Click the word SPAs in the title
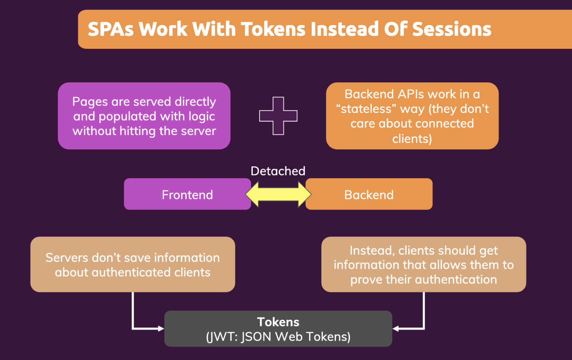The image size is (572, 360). pyautogui.click(x=111, y=29)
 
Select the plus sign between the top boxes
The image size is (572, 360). pyautogui.click(x=278, y=116)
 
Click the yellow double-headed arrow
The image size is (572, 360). pyautogui.click(x=278, y=194)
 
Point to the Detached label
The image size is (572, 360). pyautogui.click(x=278, y=171)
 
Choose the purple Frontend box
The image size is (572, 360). pyautogui.click(x=187, y=195)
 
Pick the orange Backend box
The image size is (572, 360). pyautogui.click(x=369, y=195)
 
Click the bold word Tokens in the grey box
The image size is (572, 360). pyautogui.click(x=278, y=322)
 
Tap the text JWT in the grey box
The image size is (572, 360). pyautogui.click(x=222, y=337)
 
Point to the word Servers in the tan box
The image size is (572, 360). pyautogui.click(x=67, y=258)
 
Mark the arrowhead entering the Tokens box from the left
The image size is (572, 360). pyautogui.click(x=161, y=329)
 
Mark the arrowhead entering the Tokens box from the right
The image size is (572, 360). pyautogui.click(x=396, y=329)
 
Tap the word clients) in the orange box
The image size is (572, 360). pyautogui.click(x=412, y=139)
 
